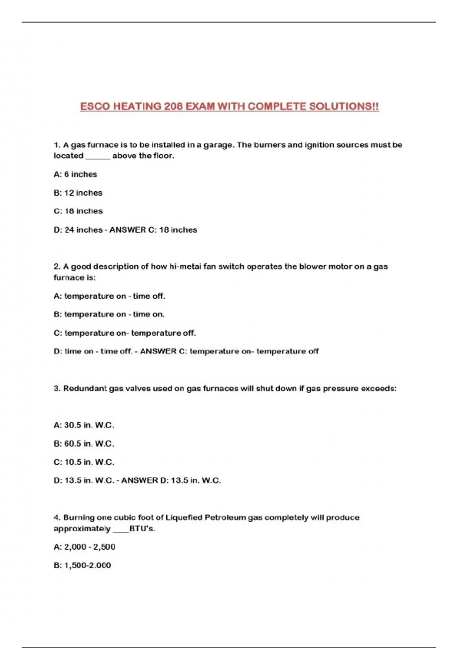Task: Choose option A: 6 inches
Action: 75,175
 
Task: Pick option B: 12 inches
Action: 78,193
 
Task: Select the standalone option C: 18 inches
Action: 78,211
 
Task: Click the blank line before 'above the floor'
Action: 98,156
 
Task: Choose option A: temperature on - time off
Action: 109,296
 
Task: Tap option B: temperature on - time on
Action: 109,314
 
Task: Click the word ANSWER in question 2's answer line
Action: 158,351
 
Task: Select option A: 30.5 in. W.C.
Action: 84,425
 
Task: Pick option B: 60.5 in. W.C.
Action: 84,444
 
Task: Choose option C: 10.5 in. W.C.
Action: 84,462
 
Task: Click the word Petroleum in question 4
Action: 225,518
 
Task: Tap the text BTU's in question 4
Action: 142,529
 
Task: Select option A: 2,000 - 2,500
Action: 84,547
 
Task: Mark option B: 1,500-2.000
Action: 82,566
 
